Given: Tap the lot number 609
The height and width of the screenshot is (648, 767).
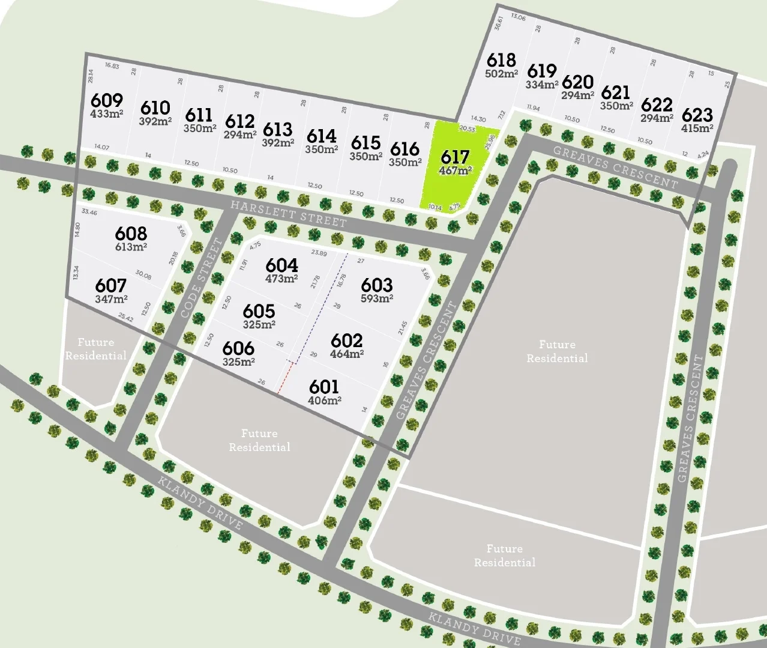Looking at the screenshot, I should click(107, 100).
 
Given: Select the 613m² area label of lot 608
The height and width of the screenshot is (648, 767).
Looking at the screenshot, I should click(131, 246).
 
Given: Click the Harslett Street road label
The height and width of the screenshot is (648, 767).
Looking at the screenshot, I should click(289, 214).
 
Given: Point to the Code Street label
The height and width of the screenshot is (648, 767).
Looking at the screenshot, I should click(202, 279).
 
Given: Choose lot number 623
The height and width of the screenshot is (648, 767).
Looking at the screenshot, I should click(697, 115).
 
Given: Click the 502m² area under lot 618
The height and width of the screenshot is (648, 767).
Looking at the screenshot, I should click(501, 74).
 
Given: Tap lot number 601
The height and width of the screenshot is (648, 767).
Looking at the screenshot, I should click(324, 387).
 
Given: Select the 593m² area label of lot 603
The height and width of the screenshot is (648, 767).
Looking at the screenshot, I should click(377, 298).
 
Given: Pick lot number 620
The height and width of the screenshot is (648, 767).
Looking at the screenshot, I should click(577, 82).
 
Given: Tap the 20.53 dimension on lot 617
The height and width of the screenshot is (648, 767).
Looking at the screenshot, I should click(467, 129).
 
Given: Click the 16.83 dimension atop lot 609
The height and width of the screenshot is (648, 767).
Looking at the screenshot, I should click(112, 66).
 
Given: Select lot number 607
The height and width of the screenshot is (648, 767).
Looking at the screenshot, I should click(110, 285).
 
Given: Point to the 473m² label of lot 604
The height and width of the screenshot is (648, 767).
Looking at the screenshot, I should click(281, 279).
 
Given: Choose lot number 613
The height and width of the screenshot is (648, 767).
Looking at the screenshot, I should click(277, 129).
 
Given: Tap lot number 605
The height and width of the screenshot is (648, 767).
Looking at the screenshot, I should click(259, 311).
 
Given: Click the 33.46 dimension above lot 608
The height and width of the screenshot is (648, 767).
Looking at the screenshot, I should click(89, 212).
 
